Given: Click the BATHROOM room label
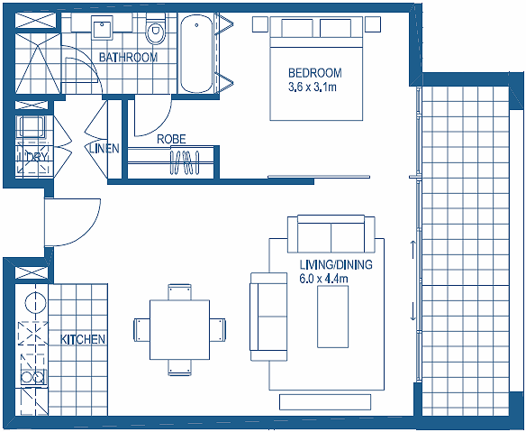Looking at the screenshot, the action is pyautogui.click(x=128, y=58).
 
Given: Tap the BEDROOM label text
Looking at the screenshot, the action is pyautogui.click(x=315, y=72).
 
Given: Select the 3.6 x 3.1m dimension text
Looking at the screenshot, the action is pyautogui.click(x=313, y=87).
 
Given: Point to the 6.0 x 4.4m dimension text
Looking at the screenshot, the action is pyautogui.click(x=323, y=279).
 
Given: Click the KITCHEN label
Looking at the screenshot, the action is pyautogui.click(x=83, y=339).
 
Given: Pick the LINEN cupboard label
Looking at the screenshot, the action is pyautogui.click(x=104, y=148).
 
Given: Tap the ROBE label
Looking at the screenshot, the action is pyautogui.click(x=171, y=139).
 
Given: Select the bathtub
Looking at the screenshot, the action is pyautogui.click(x=196, y=53).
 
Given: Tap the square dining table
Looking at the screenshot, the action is pyautogui.click(x=180, y=329).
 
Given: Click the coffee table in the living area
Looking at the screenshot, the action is pyautogui.click(x=332, y=317).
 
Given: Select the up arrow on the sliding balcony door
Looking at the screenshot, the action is pyautogui.click(x=413, y=249).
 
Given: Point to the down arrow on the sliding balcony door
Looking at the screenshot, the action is pyautogui.click(x=413, y=311).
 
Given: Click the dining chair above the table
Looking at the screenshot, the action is pyautogui.click(x=180, y=292).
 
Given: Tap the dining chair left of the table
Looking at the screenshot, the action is pyautogui.click(x=141, y=330).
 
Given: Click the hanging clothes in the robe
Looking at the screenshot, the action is pyautogui.click(x=185, y=163).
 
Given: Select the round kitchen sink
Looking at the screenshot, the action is pyautogui.click(x=35, y=300).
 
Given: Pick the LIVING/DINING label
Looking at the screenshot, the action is pyautogui.click(x=336, y=265).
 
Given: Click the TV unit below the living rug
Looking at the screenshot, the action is pyautogui.click(x=325, y=401).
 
